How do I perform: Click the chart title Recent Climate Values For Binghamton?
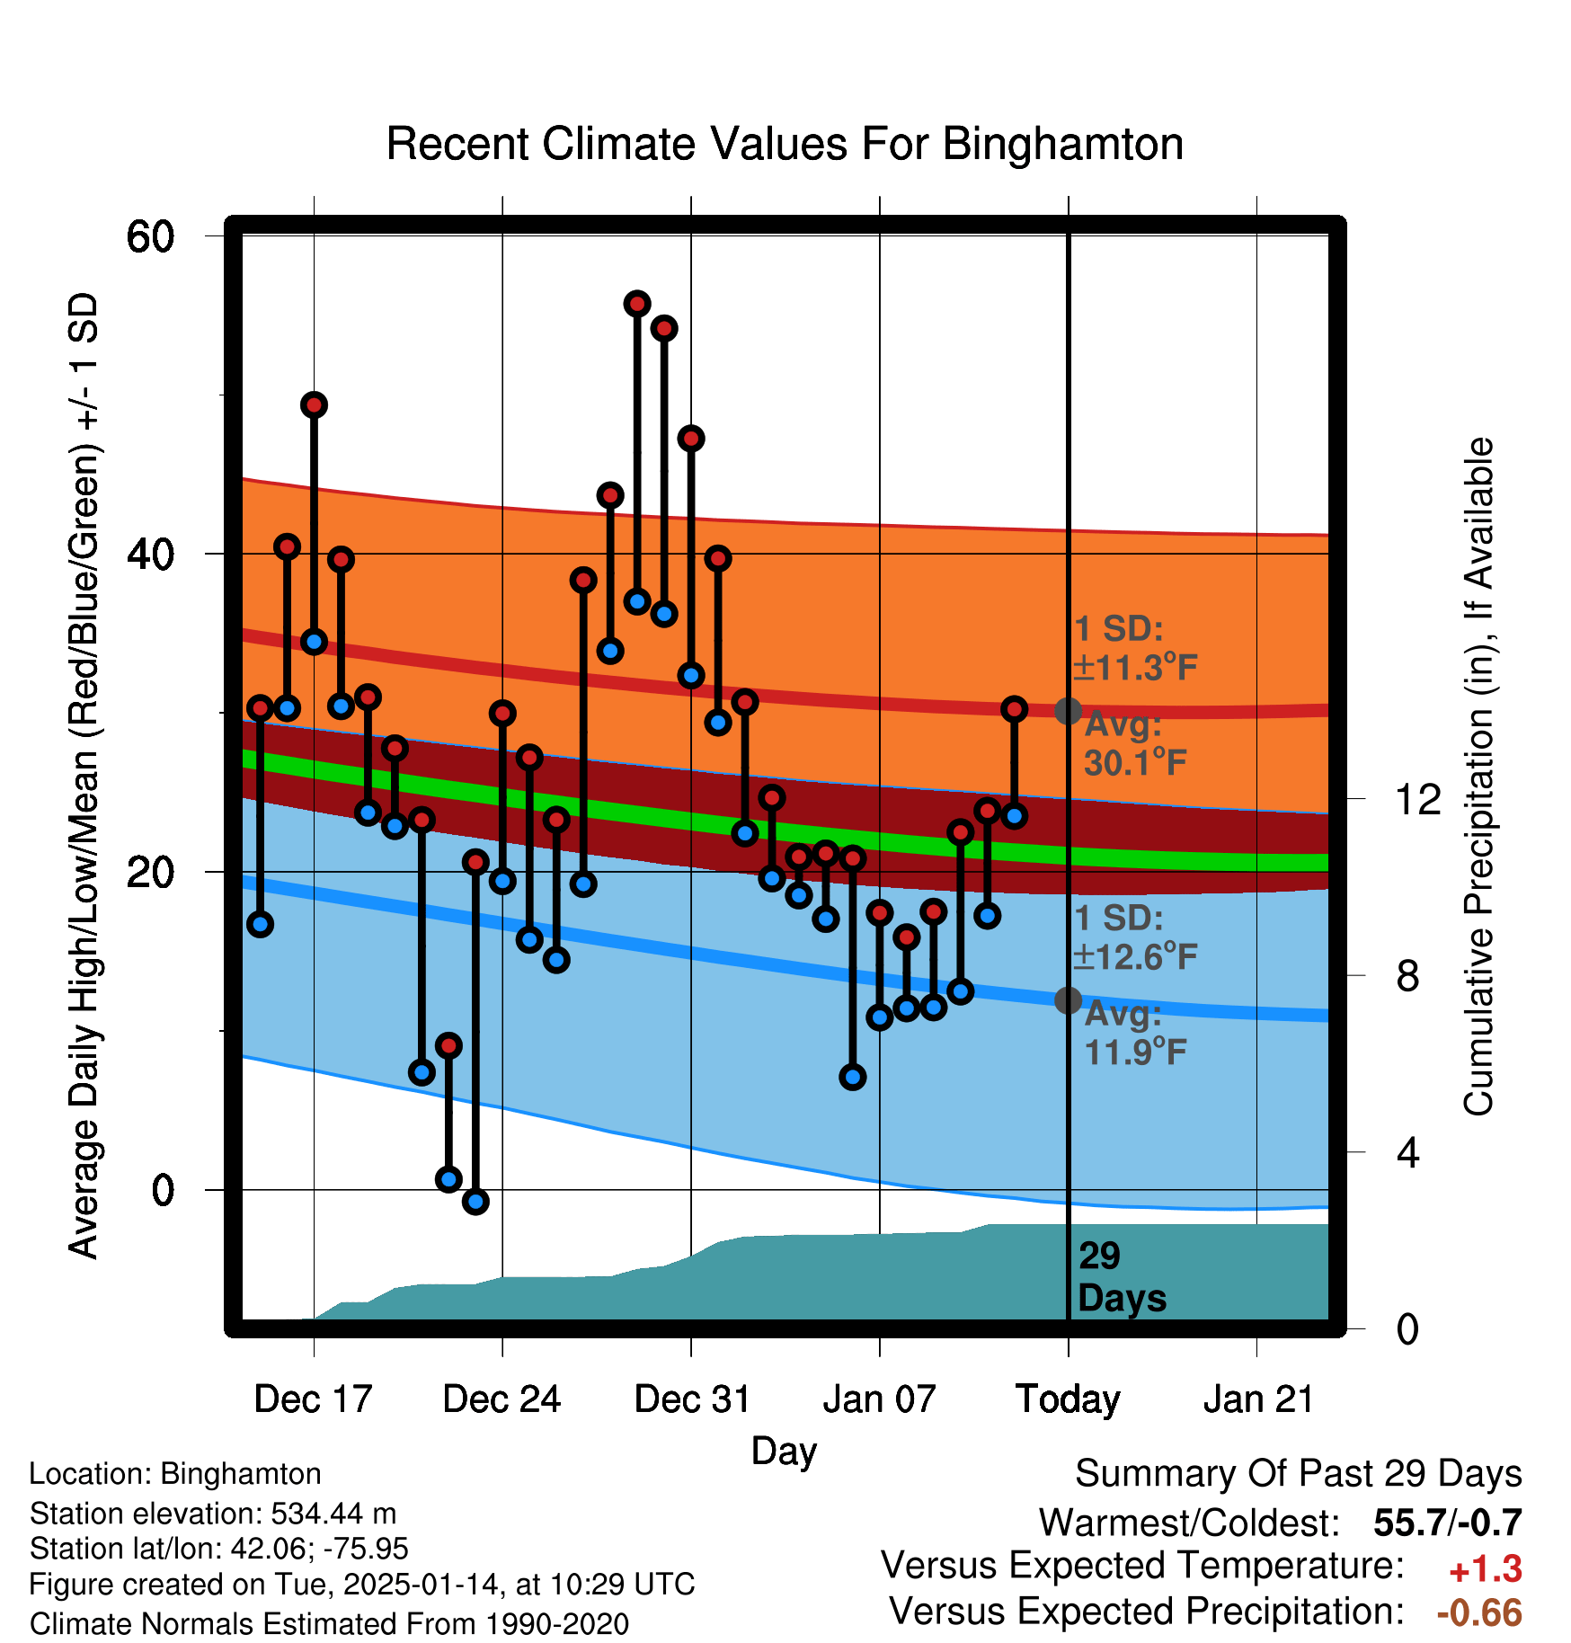coord(784,145)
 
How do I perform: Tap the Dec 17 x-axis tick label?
coord(313,1399)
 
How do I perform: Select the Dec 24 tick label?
coord(501,1399)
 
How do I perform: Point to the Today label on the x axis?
coord(1068,1399)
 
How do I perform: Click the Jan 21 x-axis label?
coord(1258,1399)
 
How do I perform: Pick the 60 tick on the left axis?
coord(150,237)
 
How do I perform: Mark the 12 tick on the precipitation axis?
coord(1417,799)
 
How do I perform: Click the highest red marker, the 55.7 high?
coord(637,304)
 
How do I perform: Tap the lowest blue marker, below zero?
coord(475,1201)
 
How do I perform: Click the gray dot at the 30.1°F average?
coord(1068,711)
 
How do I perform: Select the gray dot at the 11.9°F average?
coord(1068,999)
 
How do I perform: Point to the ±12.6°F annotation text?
coord(1135,956)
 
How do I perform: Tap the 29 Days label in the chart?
coord(1120,1277)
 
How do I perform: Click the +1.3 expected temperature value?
coord(1485,1569)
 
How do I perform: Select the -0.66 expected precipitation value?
coord(1479,1612)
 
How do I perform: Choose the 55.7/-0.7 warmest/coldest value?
coord(1447,1523)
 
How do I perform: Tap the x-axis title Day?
coord(784,1451)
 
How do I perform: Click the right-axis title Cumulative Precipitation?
coord(1478,777)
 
